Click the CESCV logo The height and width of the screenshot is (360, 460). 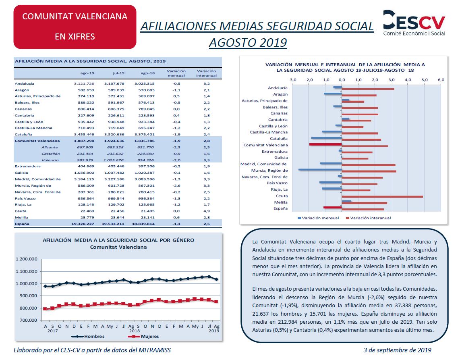[414, 23]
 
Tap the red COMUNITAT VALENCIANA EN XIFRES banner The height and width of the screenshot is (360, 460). [75, 27]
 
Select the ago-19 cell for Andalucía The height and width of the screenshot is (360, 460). [84, 84]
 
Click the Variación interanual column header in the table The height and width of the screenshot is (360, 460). [207, 73]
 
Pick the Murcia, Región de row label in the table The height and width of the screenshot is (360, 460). [33, 185]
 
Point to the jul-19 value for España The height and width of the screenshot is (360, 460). [113, 224]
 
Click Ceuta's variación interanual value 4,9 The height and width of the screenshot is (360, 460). [207, 211]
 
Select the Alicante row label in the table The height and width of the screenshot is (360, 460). [50, 148]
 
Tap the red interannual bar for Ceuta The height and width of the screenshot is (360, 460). [382, 197]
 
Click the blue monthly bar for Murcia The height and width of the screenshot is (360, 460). [320, 169]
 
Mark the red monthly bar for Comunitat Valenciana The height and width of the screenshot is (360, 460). [325, 144]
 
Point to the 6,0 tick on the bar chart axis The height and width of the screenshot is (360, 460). [441, 79]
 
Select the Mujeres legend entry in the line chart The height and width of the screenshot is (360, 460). [144, 336]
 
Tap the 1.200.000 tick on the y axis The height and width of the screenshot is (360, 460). [27, 259]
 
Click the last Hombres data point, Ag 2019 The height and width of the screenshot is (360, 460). [216, 279]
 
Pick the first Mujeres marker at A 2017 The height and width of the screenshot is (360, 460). [45, 309]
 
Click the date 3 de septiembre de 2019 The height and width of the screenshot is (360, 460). [397, 350]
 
